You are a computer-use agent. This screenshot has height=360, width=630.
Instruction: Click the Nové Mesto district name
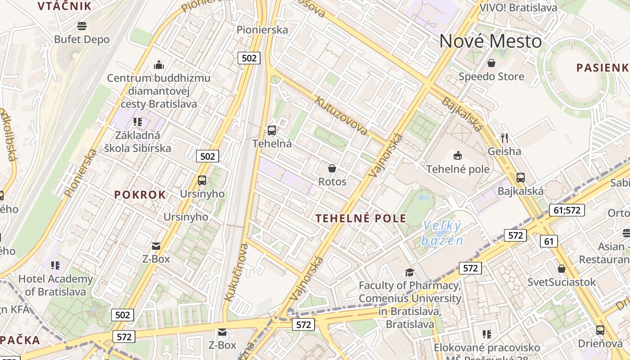(x=490, y=41)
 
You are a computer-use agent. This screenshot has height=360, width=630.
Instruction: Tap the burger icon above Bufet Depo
(x=82, y=26)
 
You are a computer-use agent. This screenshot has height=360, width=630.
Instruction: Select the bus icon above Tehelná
(x=272, y=130)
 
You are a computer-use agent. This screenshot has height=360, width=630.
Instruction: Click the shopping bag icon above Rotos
(x=332, y=168)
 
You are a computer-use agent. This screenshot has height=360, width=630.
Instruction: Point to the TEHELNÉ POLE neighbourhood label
(x=361, y=219)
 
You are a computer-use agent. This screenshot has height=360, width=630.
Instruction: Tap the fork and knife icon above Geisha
(x=504, y=138)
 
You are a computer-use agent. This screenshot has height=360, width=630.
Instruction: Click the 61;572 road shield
(x=567, y=210)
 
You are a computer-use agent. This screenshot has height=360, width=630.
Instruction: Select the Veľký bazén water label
(x=442, y=233)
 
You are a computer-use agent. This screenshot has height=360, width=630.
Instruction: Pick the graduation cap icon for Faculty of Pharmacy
(x=409, y=272)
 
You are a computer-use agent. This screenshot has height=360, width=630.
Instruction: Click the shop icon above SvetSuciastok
(x=562, y=269)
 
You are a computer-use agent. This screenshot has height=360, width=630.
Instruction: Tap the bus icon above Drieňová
(x=600, y=330)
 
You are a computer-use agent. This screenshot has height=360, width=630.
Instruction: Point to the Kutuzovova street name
(x=341, y=116)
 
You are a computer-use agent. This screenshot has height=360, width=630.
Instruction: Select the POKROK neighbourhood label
(x=140, y=195)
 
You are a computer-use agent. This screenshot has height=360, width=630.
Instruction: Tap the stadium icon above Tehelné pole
(x=458, y=156)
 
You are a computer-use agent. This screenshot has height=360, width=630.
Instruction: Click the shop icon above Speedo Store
(x=491, y=63)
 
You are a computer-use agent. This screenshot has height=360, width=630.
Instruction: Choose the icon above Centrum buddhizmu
(x=158, y=65)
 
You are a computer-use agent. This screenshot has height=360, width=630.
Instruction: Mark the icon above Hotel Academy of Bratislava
(x=55, y=265)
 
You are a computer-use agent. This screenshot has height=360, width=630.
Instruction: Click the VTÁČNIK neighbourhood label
(x=65, y=6)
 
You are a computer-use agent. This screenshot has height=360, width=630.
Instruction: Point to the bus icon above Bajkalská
(x=521, y=177)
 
